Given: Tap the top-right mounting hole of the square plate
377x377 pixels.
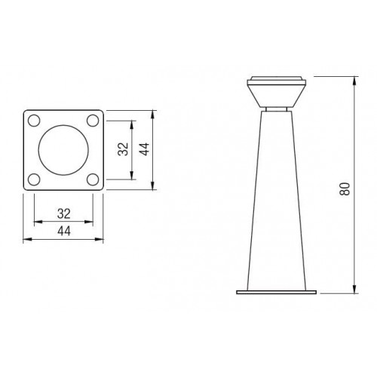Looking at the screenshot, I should point(92,120).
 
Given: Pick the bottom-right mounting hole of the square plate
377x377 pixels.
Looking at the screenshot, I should point(92,179).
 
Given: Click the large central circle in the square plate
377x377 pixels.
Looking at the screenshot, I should point(63,149).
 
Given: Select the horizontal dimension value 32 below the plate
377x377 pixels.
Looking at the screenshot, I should point(63,212).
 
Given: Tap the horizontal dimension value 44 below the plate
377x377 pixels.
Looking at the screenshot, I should point(63,231).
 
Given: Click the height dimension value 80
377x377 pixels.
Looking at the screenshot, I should point(346,187).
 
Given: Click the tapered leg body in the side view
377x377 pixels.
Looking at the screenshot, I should point(275,204).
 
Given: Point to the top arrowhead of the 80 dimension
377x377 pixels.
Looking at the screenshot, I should point(354,78).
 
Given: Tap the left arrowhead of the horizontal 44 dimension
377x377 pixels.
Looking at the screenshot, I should point(27,240).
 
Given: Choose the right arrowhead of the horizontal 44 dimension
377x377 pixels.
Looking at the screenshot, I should point(100,240).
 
